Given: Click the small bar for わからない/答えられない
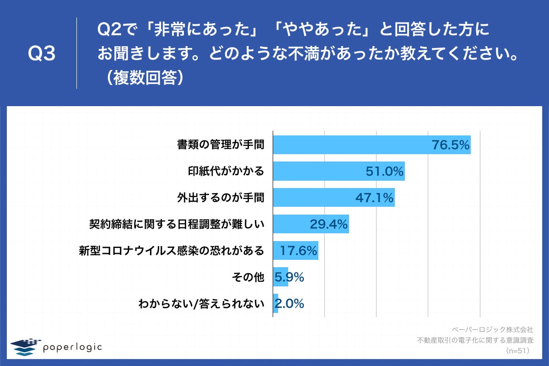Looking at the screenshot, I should tap(275, 303).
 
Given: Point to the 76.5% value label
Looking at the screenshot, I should tap(451, 145).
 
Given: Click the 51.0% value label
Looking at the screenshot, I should tap(384, 172).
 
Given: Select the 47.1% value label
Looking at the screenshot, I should tap(375, 198).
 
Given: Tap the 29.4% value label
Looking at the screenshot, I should tap(329, 224).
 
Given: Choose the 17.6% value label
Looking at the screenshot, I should tap(298, 251).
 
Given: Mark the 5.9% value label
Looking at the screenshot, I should tap(289, 277).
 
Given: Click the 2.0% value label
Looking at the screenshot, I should tap(289, 303).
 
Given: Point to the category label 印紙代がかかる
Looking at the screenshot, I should tap(226, 172).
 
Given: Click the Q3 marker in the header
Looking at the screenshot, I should tap(41, 54).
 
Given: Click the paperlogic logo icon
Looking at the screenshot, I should tap(26, 347).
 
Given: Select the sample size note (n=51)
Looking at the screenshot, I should tap(517, 351).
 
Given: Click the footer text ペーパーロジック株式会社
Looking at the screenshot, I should tap(492, 329).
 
